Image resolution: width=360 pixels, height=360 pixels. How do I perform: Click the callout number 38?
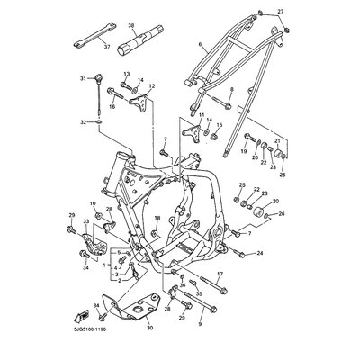pyautogui.click(x=131, y=27)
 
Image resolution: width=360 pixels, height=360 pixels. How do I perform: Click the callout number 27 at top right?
pyautogui.click(x=280, y=10)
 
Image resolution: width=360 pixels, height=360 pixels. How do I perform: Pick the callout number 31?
pyautogui.click(x=84, y=79)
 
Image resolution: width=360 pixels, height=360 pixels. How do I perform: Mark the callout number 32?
pyautogui.click(x=84, y=121)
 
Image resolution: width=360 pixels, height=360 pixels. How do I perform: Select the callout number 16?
pyautogui.click(x=112, y=106)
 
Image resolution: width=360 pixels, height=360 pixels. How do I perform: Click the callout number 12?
pyautogui.click(x=151, y=86)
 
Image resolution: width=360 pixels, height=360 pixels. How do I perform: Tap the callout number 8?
pyautogui.click(x=230, y=90)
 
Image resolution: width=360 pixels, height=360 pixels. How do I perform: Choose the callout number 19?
pyautogui.click(x=243, y=153)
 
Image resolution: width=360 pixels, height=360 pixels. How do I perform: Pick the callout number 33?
pyautogui.click(x=86, y=221)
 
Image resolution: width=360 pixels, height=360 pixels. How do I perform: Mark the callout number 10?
pyautogui.click(x=92, y=204)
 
